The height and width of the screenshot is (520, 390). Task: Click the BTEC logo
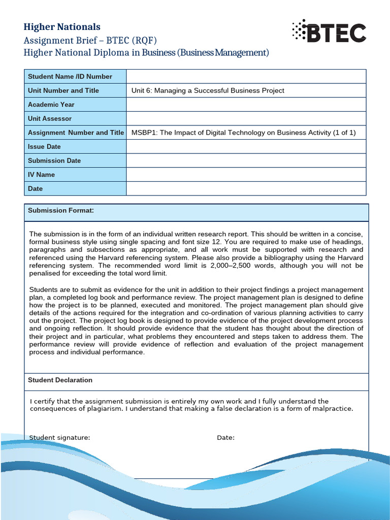pyautogui.click(x=329, y=32)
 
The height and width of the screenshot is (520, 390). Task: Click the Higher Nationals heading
pyautogui.click(x=62, y=27)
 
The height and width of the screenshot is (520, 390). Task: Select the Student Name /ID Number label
pyautogui.click(x=70, y=77)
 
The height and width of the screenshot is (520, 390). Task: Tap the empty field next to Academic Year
pyautogui.click(x=246, y=105)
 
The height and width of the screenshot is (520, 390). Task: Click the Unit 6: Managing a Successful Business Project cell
pyautogui.click(x=208, y=90)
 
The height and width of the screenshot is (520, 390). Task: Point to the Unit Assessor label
pyautogui.click(x=50, y=119)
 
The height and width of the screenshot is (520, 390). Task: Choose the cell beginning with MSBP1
pyautogui.click(x=243, y=133)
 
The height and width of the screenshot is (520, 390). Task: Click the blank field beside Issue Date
pyautogui.click(x=246, y=147)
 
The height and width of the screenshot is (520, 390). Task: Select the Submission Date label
pyautogui.click(x=54, y=160)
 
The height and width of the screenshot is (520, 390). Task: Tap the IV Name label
pyautogui.click(x=42, y=175)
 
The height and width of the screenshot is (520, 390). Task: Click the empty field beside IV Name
pyautogui.click(x=246, y=175)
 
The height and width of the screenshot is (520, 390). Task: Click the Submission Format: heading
pyautogui.click(x=61, y=211)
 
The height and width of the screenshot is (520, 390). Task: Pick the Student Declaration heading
pyautogui.click(x=60, y=380)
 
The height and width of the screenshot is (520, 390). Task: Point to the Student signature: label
pyautogui.click(x=60, y=438)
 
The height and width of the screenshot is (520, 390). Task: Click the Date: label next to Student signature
pyautogui.click(x=225, y=438)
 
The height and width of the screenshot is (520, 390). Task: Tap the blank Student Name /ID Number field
pyautogui.click(x=246, y=77)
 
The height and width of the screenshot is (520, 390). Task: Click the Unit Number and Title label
pyautogui.click(x=63, y=90)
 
